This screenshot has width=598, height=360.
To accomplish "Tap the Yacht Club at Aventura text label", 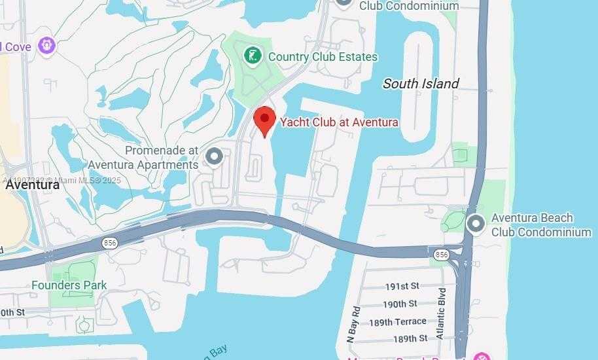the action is [339, 122].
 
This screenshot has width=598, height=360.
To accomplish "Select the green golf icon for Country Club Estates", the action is [253, 56].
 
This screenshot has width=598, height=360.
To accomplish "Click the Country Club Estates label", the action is [323, 57].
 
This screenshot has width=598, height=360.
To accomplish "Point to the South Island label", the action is [421, 84].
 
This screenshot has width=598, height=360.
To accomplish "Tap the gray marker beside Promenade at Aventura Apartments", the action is [214, 157].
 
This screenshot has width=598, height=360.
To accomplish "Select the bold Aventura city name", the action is [33, 185].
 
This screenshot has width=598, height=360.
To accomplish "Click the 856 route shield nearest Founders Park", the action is [109, 243].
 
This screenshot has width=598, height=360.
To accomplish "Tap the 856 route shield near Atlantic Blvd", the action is [442, 254].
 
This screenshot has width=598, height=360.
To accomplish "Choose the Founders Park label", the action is [69, 285].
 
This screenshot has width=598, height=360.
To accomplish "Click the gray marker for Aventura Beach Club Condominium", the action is [476, 224].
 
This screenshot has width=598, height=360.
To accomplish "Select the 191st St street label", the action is [402, 286].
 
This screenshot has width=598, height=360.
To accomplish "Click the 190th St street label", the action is [400, 304].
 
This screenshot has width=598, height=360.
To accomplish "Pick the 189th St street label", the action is [410, 338].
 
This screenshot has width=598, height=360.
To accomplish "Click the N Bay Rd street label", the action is [354, 324].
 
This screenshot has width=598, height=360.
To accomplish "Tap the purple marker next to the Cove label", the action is [46, 46].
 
